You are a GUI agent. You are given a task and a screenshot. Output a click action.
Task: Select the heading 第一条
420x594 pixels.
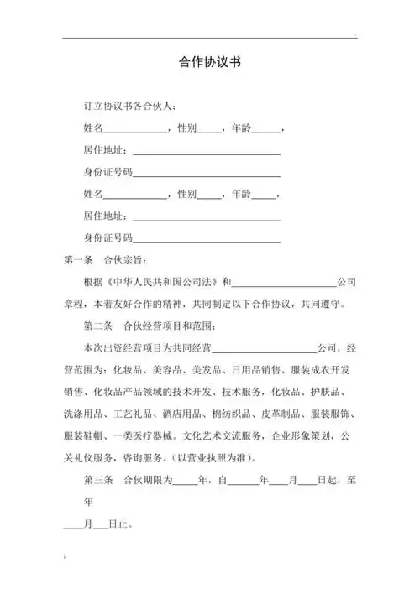coord(79,259)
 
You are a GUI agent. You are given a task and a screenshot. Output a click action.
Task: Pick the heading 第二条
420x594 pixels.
coord(97,325)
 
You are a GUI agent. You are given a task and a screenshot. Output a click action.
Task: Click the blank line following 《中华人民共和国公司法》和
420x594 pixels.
coord(288,281)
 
